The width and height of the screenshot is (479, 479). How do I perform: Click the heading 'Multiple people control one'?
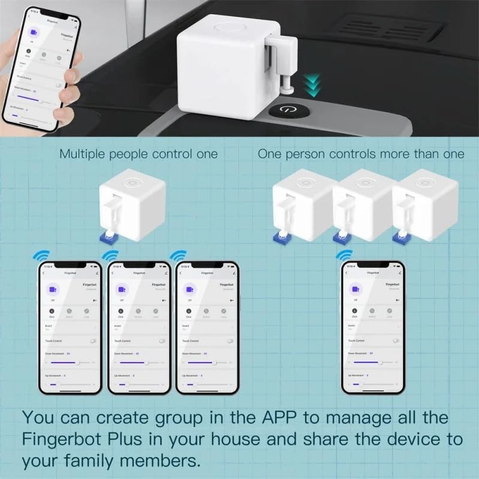coord(138,154)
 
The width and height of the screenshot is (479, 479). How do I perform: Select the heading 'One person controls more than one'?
coord(361,154)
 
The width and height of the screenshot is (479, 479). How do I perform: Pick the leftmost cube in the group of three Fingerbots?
coord(299,204)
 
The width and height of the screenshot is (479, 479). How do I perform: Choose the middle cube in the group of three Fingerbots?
coord(359,204)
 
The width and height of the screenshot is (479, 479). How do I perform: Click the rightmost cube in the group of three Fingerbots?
coord(419,204)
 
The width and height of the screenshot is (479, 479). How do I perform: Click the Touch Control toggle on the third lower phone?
coord(230,340)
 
